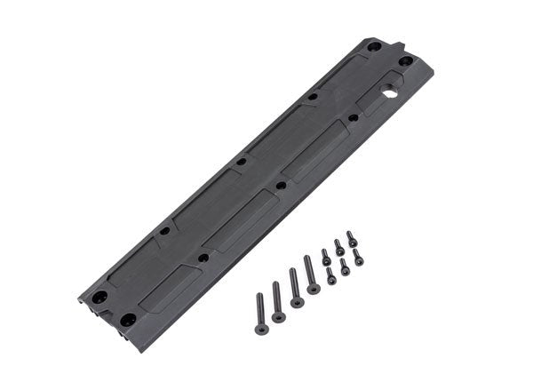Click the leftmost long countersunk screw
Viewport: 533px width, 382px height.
coord(260,313)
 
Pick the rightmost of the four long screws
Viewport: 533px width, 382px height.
coord(311,274)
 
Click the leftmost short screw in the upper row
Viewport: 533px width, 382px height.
coord(326,257)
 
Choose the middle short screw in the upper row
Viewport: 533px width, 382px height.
coord(338,247)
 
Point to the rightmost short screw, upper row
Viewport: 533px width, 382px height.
coord(352,238)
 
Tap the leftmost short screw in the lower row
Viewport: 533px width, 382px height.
coord(331,275)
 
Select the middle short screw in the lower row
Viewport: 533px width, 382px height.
coord(345,267)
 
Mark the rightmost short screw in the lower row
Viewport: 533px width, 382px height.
coord(358,257)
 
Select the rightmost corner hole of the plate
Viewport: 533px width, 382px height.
coord(405,61)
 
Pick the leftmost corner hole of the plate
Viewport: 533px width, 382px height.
coord(100,297)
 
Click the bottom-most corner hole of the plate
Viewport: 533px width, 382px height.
coord(128,318)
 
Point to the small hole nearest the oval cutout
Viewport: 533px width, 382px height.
coord(354,117)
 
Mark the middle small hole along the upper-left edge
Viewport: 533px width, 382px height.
coord(241,163)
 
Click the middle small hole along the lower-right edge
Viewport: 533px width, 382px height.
coord(282,186)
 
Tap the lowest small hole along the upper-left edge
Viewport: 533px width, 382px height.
coord(164,231)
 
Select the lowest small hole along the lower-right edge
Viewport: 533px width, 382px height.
coord(203,258)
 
